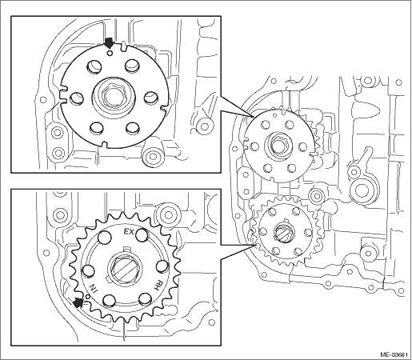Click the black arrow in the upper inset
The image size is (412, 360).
(x=109, y=42)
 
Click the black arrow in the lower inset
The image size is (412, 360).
(x=78, y=302)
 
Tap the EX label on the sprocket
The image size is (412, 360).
(x=129, y=232)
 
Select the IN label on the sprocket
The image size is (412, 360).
(x=93, y=289)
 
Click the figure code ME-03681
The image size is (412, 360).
(x=394, y=354)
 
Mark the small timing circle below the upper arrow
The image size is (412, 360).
(x=110, y=53)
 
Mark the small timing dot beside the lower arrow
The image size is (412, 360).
(x=86, y=296)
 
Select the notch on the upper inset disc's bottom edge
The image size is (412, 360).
(x=105, y=144)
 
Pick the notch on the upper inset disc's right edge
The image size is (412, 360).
(x=165, y=107)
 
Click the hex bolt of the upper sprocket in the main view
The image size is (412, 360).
(x=278, y=146)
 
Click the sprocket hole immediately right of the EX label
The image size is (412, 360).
(x=142, y=234)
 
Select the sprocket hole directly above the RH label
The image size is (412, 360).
(x=162, y=266)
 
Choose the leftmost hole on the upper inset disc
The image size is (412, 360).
(x=77, y=98)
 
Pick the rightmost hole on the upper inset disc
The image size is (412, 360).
(x=151, y=98)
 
